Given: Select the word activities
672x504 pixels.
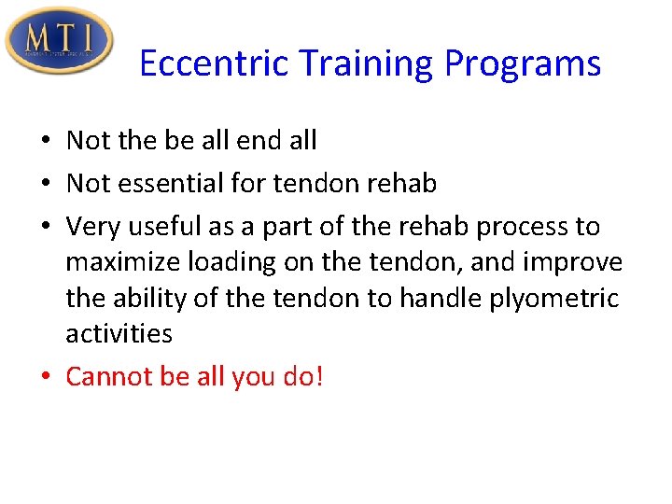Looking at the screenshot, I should pos(119,333).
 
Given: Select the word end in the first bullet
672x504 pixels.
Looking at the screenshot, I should pos(247,140).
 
